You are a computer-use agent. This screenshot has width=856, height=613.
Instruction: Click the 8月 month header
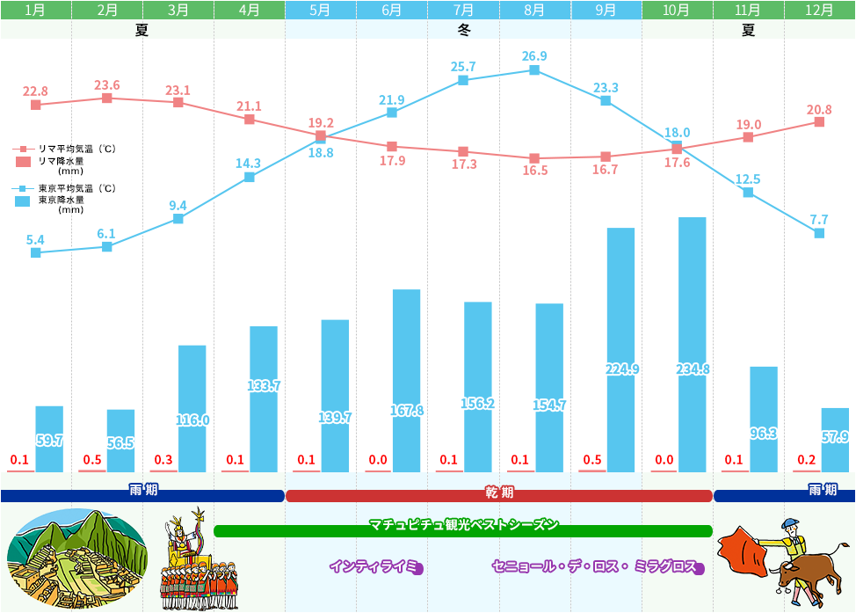point(534,11)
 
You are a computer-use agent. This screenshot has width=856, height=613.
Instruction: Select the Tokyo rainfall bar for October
point(692,343)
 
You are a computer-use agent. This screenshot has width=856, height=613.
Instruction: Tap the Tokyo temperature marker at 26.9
point(534,69)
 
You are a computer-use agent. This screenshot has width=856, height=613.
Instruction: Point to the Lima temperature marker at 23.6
point(107,98)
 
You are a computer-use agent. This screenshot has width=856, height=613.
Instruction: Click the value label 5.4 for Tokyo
point(35,239)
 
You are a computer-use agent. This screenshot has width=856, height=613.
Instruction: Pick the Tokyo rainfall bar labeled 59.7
point(49,438)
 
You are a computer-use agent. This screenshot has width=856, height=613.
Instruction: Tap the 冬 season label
point(464,30)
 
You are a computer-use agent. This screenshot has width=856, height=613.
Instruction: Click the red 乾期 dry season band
point(499,496)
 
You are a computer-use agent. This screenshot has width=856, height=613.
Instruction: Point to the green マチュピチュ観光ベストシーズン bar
point(463,530)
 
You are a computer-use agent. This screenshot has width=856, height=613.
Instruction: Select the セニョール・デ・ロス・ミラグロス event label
point(595,566)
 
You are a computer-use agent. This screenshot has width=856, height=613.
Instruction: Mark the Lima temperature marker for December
point(819,121)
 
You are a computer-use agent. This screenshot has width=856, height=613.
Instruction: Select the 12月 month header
point(819,11)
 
